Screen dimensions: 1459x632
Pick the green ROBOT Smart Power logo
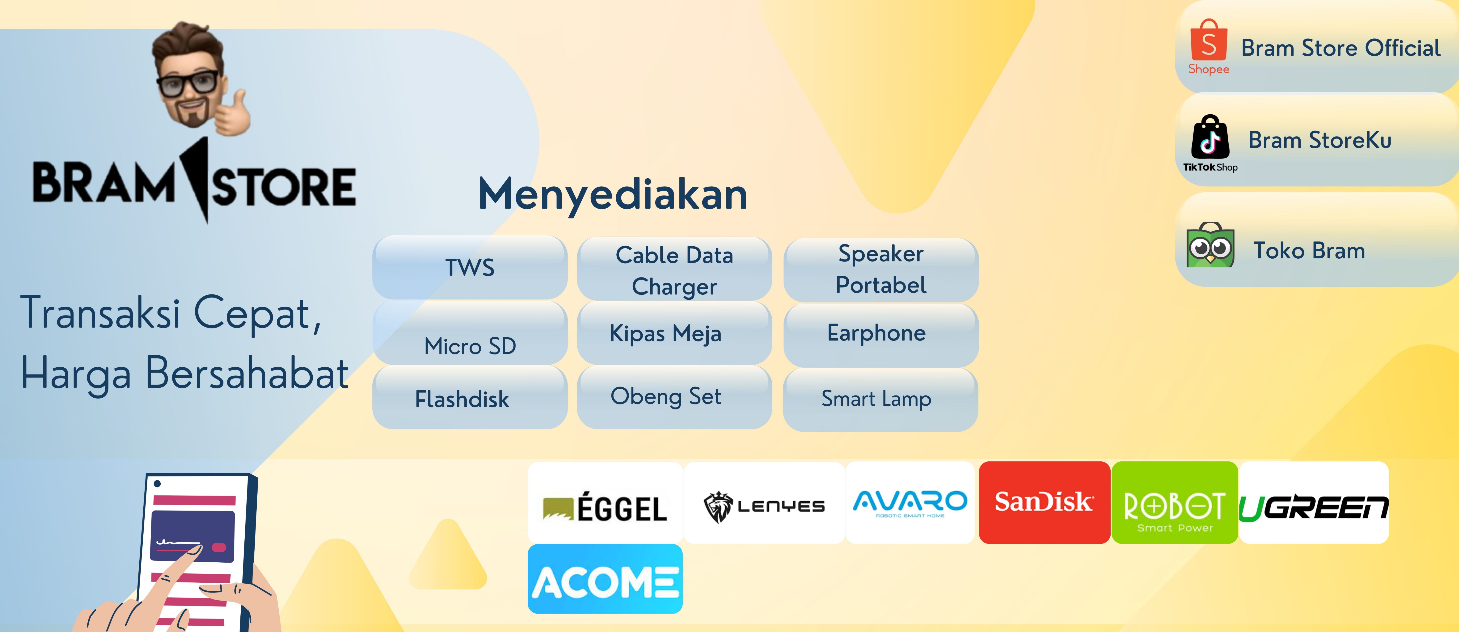pyautogui.click(x=1175, y=502)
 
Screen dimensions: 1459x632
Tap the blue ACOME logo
pyautogui.click(x=605, y=579)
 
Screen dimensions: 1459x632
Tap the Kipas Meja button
pyautogui.click(x=674, y=333)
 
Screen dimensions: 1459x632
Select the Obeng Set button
pyautogui.click(x=674, y=397)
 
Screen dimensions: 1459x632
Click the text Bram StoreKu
pyautogui.click(x=1320, y=140)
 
